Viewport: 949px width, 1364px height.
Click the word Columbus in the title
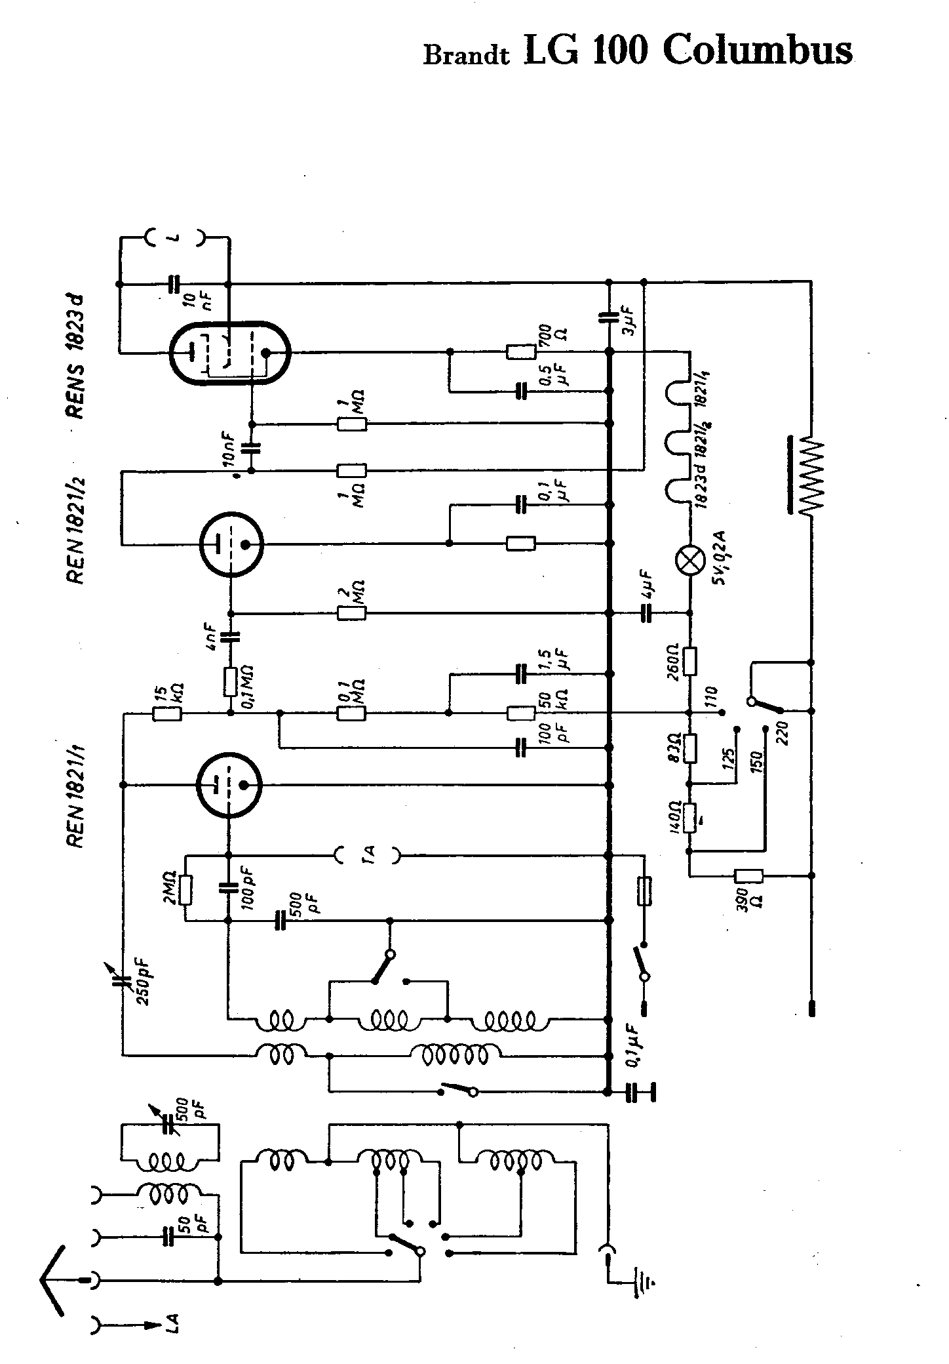tap(758, 50)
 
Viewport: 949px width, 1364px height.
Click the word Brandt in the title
tap(466, 55)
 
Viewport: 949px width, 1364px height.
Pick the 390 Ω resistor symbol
tap(748, 875)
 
